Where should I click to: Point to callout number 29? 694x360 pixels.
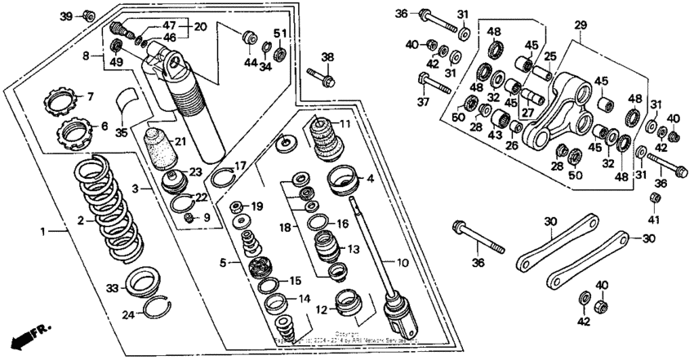tap(581, 26)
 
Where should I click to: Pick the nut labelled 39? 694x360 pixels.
tap(90, 16)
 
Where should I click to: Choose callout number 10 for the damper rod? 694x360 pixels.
tap(402, 263)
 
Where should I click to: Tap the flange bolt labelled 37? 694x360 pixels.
tap(425, 80)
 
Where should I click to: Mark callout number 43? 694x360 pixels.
tap(495, 136)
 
